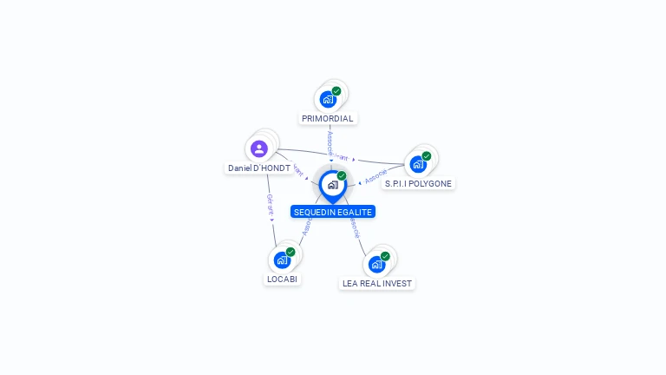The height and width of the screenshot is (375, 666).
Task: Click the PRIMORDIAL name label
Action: click(328, 118)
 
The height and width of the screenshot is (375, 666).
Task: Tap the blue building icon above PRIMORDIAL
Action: click(328, 99)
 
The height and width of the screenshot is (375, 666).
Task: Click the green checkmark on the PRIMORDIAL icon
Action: click(336, 91)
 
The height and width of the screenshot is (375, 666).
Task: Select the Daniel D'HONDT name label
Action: click(259, 168)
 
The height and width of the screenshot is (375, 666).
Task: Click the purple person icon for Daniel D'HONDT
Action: click(259, 148)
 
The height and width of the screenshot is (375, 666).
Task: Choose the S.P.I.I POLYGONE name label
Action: click(419, 184)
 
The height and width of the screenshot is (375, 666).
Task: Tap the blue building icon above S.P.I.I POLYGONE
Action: click(418, 164)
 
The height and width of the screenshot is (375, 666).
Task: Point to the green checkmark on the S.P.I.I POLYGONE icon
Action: click(427, 156)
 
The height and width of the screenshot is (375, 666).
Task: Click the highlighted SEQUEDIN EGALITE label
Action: click(333, 212)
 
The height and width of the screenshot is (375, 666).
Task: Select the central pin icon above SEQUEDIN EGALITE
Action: click(332, 185)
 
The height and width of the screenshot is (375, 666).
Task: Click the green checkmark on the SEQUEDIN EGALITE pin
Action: click(342, 175)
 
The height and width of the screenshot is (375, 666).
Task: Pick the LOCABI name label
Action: click(283, 280)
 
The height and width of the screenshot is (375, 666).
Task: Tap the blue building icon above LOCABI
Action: click(282, 260)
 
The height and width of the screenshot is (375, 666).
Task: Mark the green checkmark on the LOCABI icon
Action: click(291, 252)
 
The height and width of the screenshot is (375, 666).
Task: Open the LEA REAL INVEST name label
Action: click(377, 283)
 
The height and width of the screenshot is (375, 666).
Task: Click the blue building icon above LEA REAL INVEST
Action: click(376, 264)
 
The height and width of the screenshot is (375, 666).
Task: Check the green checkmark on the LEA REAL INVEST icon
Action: click(385, 256)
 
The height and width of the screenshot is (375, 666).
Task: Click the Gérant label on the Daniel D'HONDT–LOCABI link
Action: click(271, 206)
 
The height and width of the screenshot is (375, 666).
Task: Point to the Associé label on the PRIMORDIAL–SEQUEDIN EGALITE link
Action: click(330, 141)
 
